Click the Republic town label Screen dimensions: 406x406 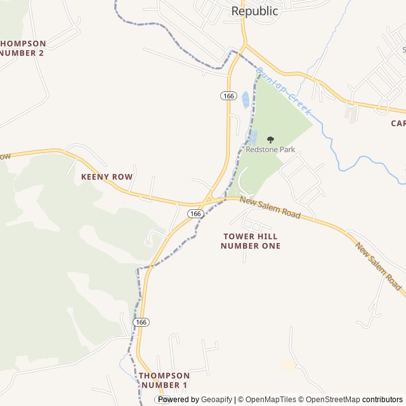point(254,11)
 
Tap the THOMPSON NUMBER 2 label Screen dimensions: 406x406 point(22,48)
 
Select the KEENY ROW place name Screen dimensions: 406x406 point(107,176)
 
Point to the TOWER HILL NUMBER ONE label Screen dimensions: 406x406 point(251,241)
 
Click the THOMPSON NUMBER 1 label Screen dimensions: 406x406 point(164,380)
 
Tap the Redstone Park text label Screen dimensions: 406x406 point(270,150)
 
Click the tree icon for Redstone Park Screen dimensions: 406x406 point(271,140)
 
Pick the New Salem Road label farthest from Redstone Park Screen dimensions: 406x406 point(378,266)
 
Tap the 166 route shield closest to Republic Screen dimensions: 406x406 point(228,95)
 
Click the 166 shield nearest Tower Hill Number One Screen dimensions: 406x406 point(195,214)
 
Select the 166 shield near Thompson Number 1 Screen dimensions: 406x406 point(141,322)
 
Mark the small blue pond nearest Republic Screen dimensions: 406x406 point(246,100)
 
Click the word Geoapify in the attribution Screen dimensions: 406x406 point(216,400)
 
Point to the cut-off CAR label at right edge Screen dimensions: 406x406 point(398,123)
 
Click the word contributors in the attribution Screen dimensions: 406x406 point(383,400)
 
